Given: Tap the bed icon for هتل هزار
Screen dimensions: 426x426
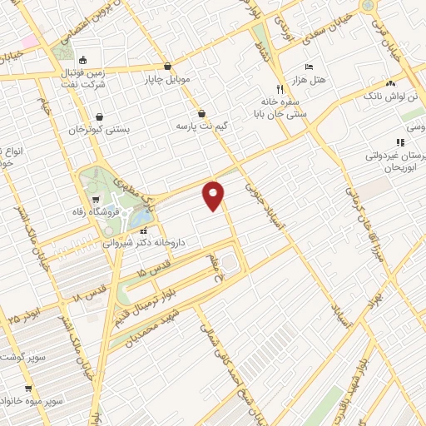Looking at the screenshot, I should tap(310, 67).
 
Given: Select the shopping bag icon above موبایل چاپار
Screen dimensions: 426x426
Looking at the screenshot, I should tap(168, 66).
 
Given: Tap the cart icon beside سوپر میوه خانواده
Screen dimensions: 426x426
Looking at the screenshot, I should tap(28, 389).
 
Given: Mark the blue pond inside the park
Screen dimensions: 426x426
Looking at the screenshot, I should tap(141, 220).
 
